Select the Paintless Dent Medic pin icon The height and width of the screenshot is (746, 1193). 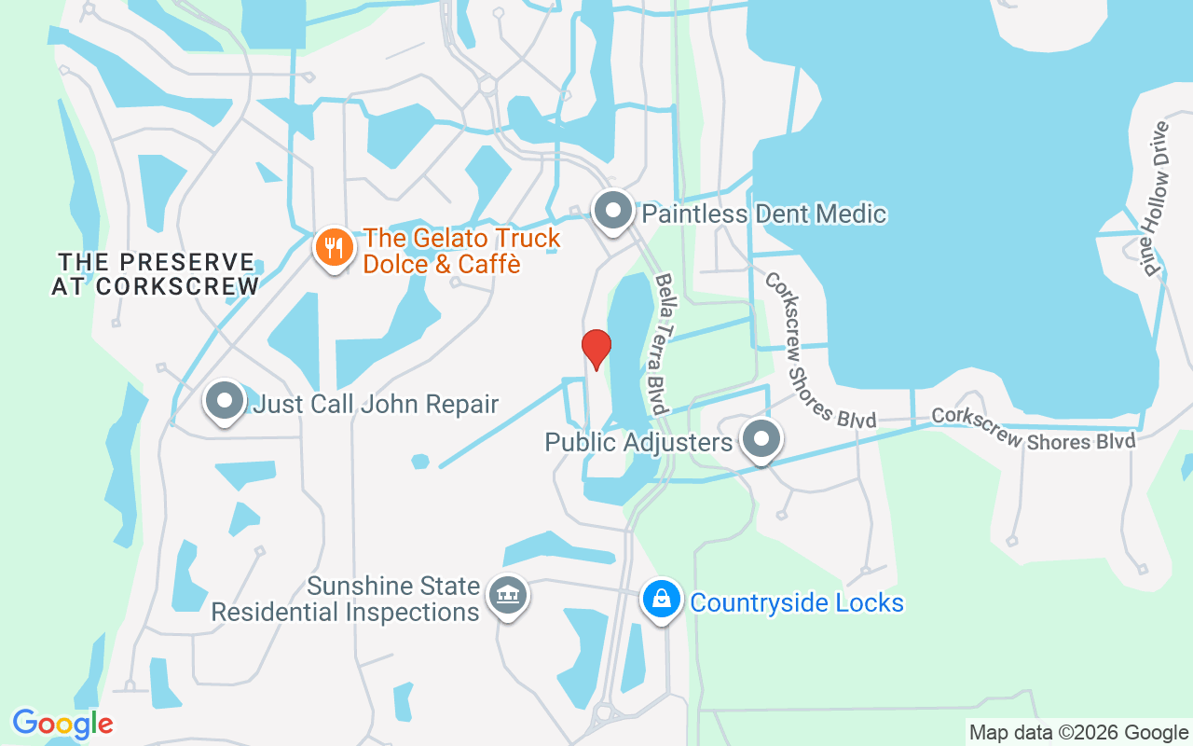pyautogui.click(x=613, y=210)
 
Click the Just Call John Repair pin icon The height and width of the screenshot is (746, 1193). pyautogui.click(x=224, y=402)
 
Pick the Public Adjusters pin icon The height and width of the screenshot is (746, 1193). pyautogui.click(x=761, y=438)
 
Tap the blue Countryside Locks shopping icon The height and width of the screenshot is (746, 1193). pyautogui.click(x=661, y=599)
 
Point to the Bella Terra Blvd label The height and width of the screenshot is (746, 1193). pyautogui.click(x=662, y=344)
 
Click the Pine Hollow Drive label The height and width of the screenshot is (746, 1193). pyautogui.click(x=1156, y=199)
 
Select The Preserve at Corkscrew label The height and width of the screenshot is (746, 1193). pyautogui.click(x=156, y=274)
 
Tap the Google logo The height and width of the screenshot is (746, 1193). pyautogui.click(x=62, y=724)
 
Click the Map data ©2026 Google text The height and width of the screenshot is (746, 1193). pyautogui.click(x=1078, y=733)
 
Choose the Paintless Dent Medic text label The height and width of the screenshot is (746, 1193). pyautogui.click(x=764, y=214)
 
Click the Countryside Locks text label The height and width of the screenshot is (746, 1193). pyautogui.click(x=797, y=602)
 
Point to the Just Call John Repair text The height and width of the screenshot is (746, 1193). pyautogui.click(x=376, y=405)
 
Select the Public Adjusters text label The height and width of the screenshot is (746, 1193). pyautogui.click(x=638, y=442)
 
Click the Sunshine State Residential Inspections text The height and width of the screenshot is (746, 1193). pyautogui.click(x=345, y=600)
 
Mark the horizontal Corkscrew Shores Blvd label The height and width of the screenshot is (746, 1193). pyautogui.click(x=1034, y=429)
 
